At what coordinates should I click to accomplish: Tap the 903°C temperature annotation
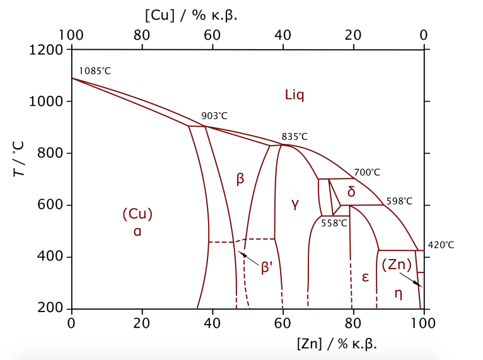[214, 116]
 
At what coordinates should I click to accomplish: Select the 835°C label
[294, 137]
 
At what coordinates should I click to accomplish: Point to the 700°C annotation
[367, 172]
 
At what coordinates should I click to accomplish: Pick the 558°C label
[334, 223]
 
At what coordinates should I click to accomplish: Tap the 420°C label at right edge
[441, 245]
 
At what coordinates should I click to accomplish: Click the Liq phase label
[294, 95]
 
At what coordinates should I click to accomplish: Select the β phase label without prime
[240, 179]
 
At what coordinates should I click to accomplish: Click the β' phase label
[267, 267]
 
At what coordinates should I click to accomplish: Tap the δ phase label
[351, 192]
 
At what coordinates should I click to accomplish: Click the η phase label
[398, 293]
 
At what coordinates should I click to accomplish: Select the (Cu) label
[137, 214]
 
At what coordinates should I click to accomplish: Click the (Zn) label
[397, 265]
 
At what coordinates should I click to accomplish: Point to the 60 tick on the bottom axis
[283, 322]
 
